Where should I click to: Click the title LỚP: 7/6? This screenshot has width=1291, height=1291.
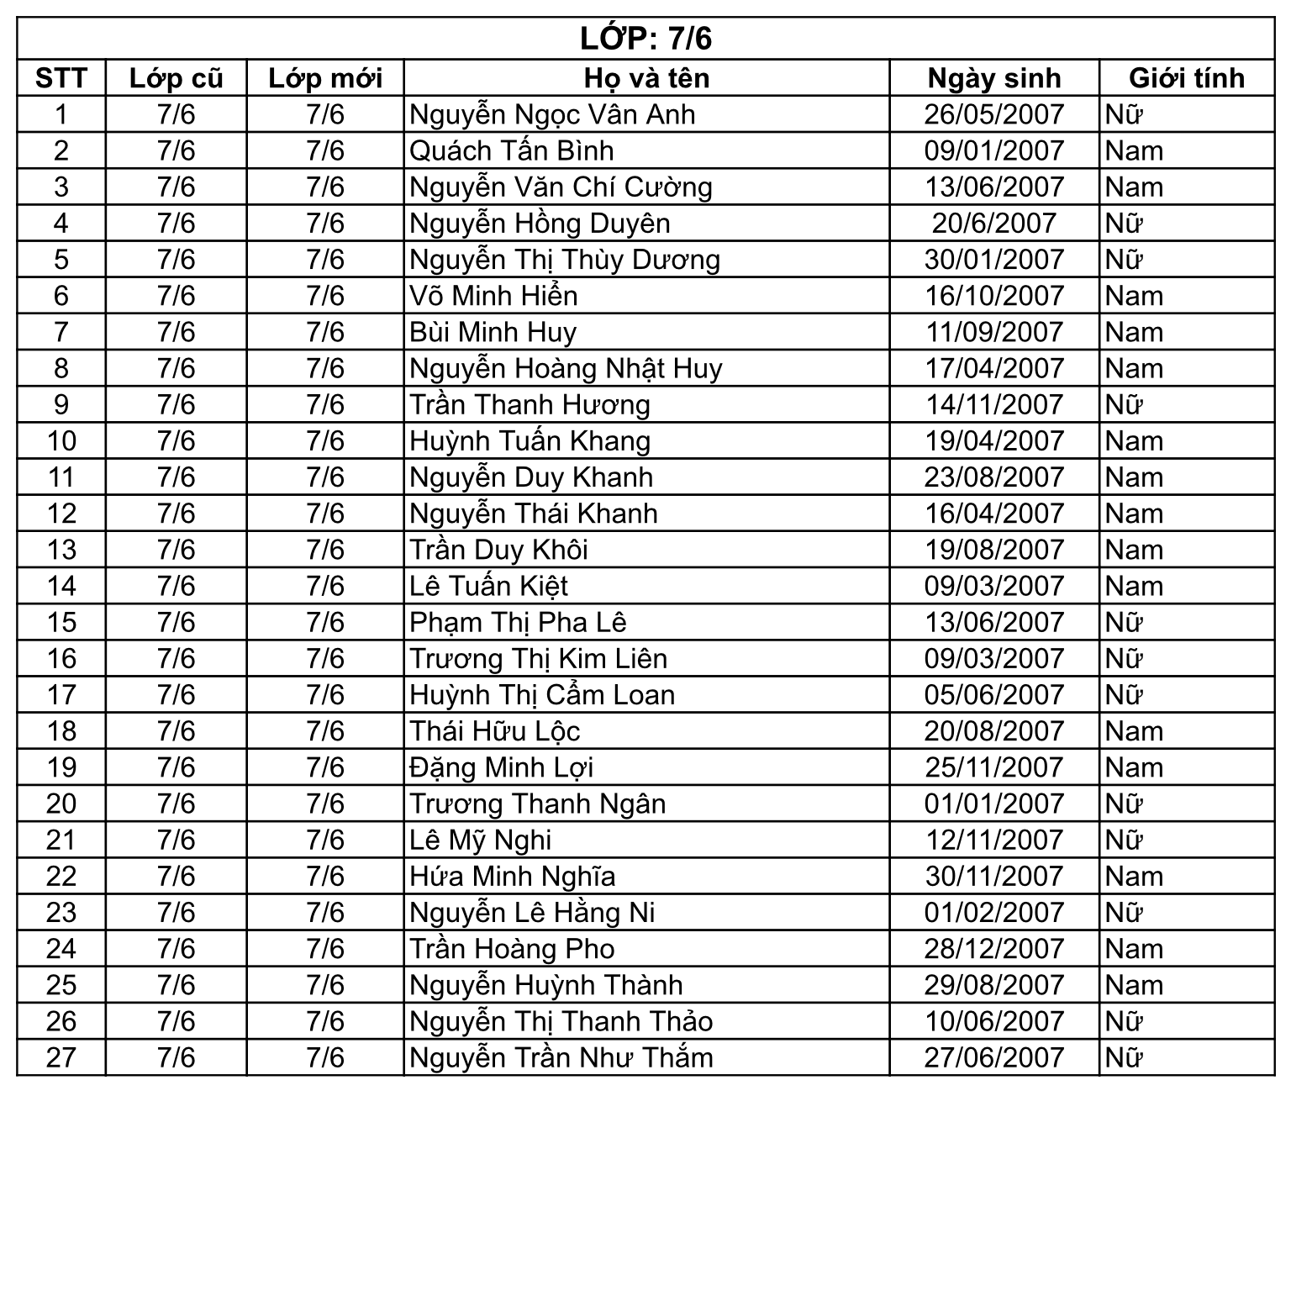coord(645,39)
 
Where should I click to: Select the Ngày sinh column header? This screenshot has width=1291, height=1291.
coord(994,78)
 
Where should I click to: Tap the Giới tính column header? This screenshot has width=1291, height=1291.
coord(1186,78)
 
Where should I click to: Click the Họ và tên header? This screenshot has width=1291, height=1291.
coord(646,78)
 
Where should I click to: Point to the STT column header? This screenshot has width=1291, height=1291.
coord(61,78)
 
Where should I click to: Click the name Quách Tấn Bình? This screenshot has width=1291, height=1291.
coord(512,151)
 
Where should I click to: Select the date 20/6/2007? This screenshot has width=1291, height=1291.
coord(994,224)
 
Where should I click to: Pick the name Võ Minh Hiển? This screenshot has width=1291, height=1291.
coord(493,296)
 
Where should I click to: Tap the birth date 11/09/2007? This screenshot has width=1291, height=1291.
coord(994,332)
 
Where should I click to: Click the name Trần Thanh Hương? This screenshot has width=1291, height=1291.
coord(530,405)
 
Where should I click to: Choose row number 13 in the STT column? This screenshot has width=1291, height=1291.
coord(61,550)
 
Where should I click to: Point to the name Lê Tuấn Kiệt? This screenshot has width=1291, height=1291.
coord(489,586)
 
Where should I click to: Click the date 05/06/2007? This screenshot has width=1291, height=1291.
coord(994,695)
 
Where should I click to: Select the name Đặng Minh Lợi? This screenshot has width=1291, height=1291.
coord(502,767)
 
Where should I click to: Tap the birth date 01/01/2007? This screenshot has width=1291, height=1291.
coord(994,804)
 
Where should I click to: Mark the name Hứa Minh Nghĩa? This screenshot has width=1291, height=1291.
coord(513,877)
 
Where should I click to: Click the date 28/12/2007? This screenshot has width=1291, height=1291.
coord(994,949)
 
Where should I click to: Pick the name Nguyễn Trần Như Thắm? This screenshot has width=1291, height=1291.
coord(561,1057)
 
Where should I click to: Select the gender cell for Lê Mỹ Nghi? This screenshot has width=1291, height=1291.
coord(1125,840)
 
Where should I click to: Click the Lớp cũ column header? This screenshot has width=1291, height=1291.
coord(176,78)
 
